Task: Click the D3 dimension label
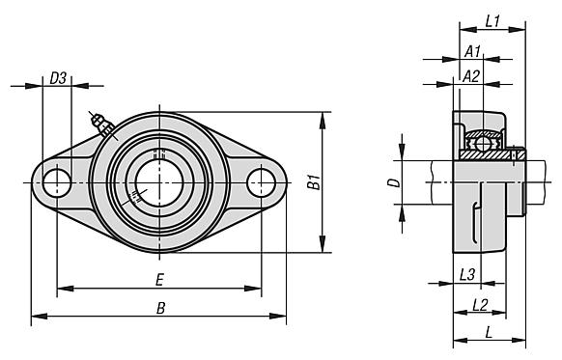(x=58, y=78)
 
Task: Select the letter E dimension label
(x=160, y=279)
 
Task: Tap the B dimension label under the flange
(x=161, y=308)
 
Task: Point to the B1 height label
(x=314, y=181)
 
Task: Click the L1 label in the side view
(x=492, y=21)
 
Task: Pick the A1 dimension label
(x=472, y=52)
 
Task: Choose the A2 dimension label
(x=471, y=76)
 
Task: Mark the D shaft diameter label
(x=394, y=182)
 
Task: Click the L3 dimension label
(x=467, y=275)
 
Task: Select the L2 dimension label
(x=480, y=305)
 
